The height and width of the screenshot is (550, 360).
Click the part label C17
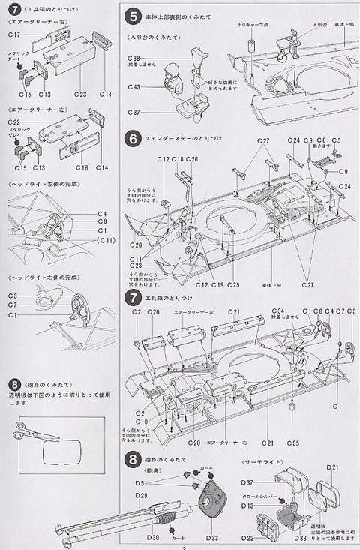click(14, 35)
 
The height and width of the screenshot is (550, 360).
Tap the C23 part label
click(80, 94)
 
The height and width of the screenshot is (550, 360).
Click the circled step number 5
click(132, 15)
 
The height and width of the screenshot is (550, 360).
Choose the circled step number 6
click(132, 139)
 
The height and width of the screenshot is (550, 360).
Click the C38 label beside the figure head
click(133, 58)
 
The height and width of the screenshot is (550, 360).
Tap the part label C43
click(133, 87)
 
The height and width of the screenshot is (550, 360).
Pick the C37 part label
click(133, 113)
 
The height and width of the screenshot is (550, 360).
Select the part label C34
click(277, 311)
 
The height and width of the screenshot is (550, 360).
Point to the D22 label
click(249, 538)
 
